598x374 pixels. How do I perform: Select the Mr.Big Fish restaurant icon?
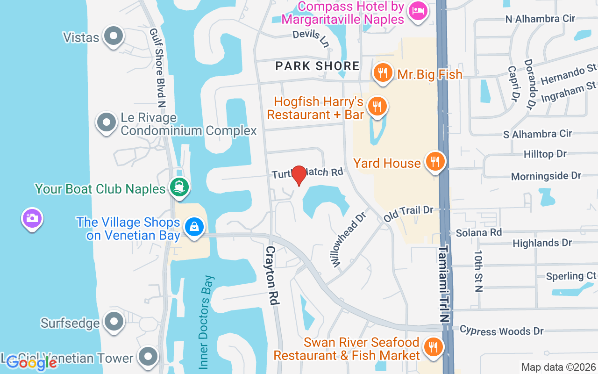click(x=383, y=73)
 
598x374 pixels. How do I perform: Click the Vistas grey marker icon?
click(x=113, y=36)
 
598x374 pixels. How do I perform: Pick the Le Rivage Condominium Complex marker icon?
click(x=106, y=122)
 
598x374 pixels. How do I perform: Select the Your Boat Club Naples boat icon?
click(x=179, y=187)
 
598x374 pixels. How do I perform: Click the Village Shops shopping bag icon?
click(x=193, y=227)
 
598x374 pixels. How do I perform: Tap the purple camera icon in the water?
click(x=32, y=218)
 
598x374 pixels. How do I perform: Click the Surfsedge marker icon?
click(x=113, y=321)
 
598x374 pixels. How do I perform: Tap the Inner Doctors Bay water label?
click(x=206, y=322)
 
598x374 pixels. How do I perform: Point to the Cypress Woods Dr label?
click(x=501, y=331)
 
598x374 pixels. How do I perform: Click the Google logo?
click(x=31, y=362)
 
